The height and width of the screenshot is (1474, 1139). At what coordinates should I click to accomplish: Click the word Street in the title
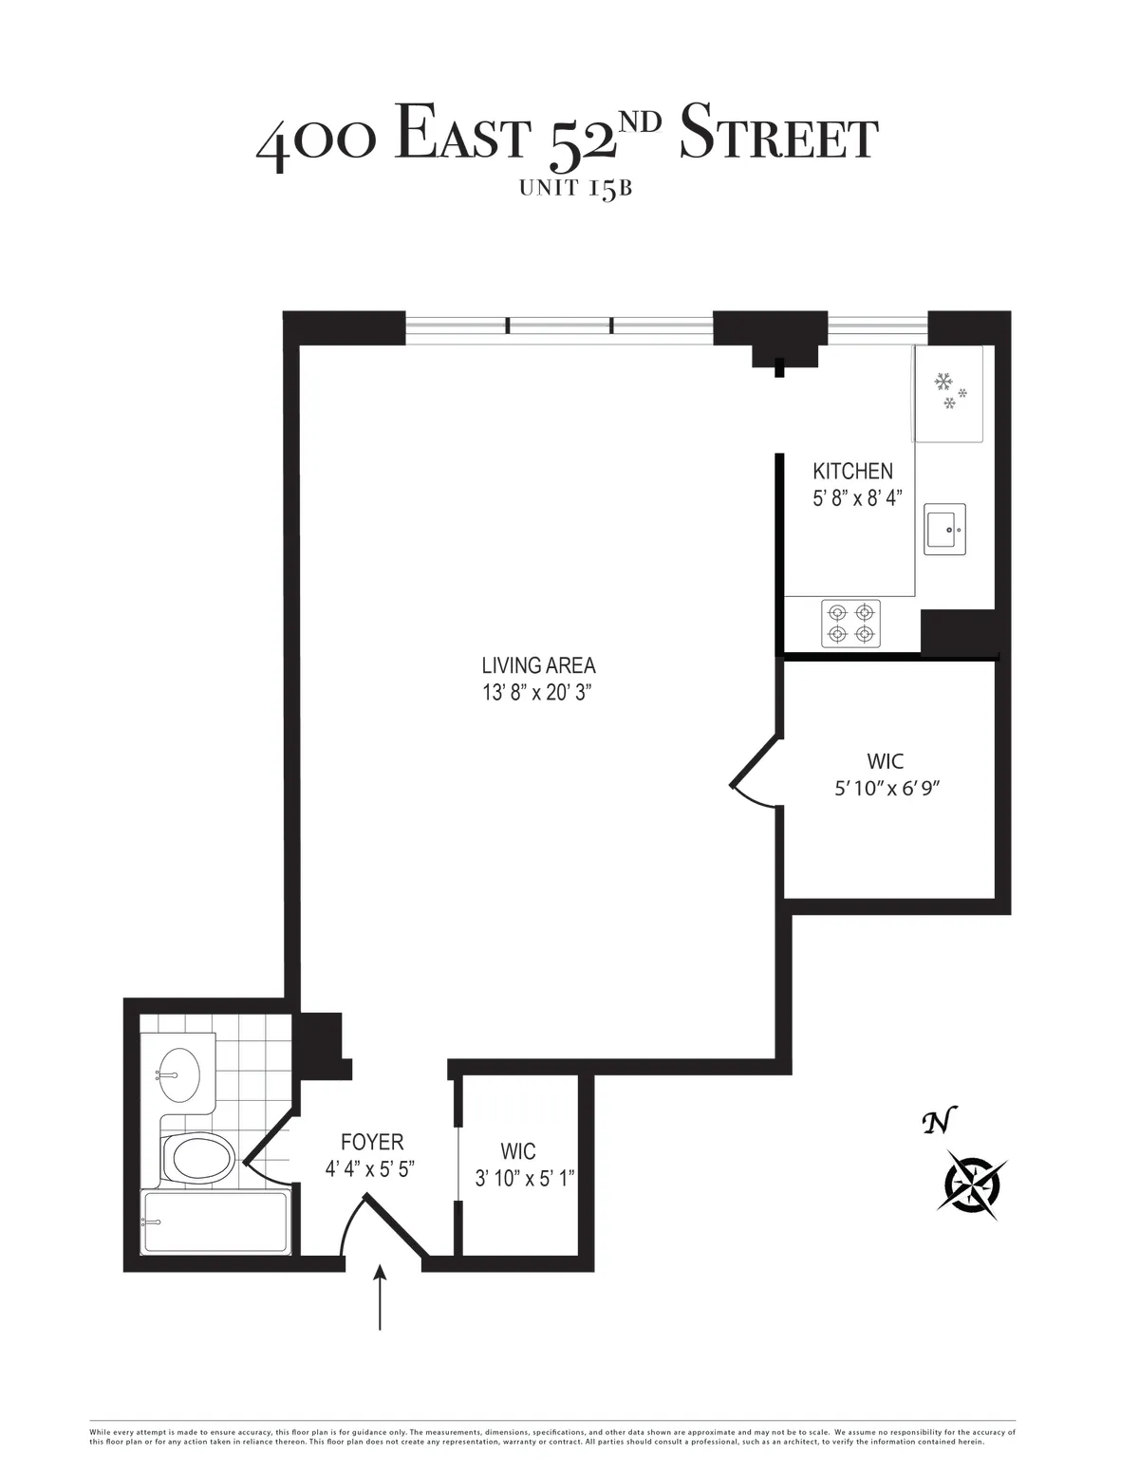coord(778,138)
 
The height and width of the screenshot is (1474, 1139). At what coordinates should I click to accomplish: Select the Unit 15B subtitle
coord(575,188)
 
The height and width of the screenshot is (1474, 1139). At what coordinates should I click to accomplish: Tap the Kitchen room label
coord(852,471)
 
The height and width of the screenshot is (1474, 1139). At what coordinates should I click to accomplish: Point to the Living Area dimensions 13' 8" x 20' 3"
coord(538,693)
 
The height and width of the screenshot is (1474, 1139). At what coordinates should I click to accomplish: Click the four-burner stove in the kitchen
coord(850,624)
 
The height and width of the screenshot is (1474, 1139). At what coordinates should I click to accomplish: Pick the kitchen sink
coord(944,529)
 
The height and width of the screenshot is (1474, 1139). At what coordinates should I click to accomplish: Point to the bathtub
coord(214,1223)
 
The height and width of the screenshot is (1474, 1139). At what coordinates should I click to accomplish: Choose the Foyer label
coord(372,1143)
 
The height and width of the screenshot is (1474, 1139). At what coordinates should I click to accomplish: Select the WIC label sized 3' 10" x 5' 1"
coord(518,1151)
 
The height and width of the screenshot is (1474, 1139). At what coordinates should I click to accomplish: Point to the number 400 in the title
coord(318,140)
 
